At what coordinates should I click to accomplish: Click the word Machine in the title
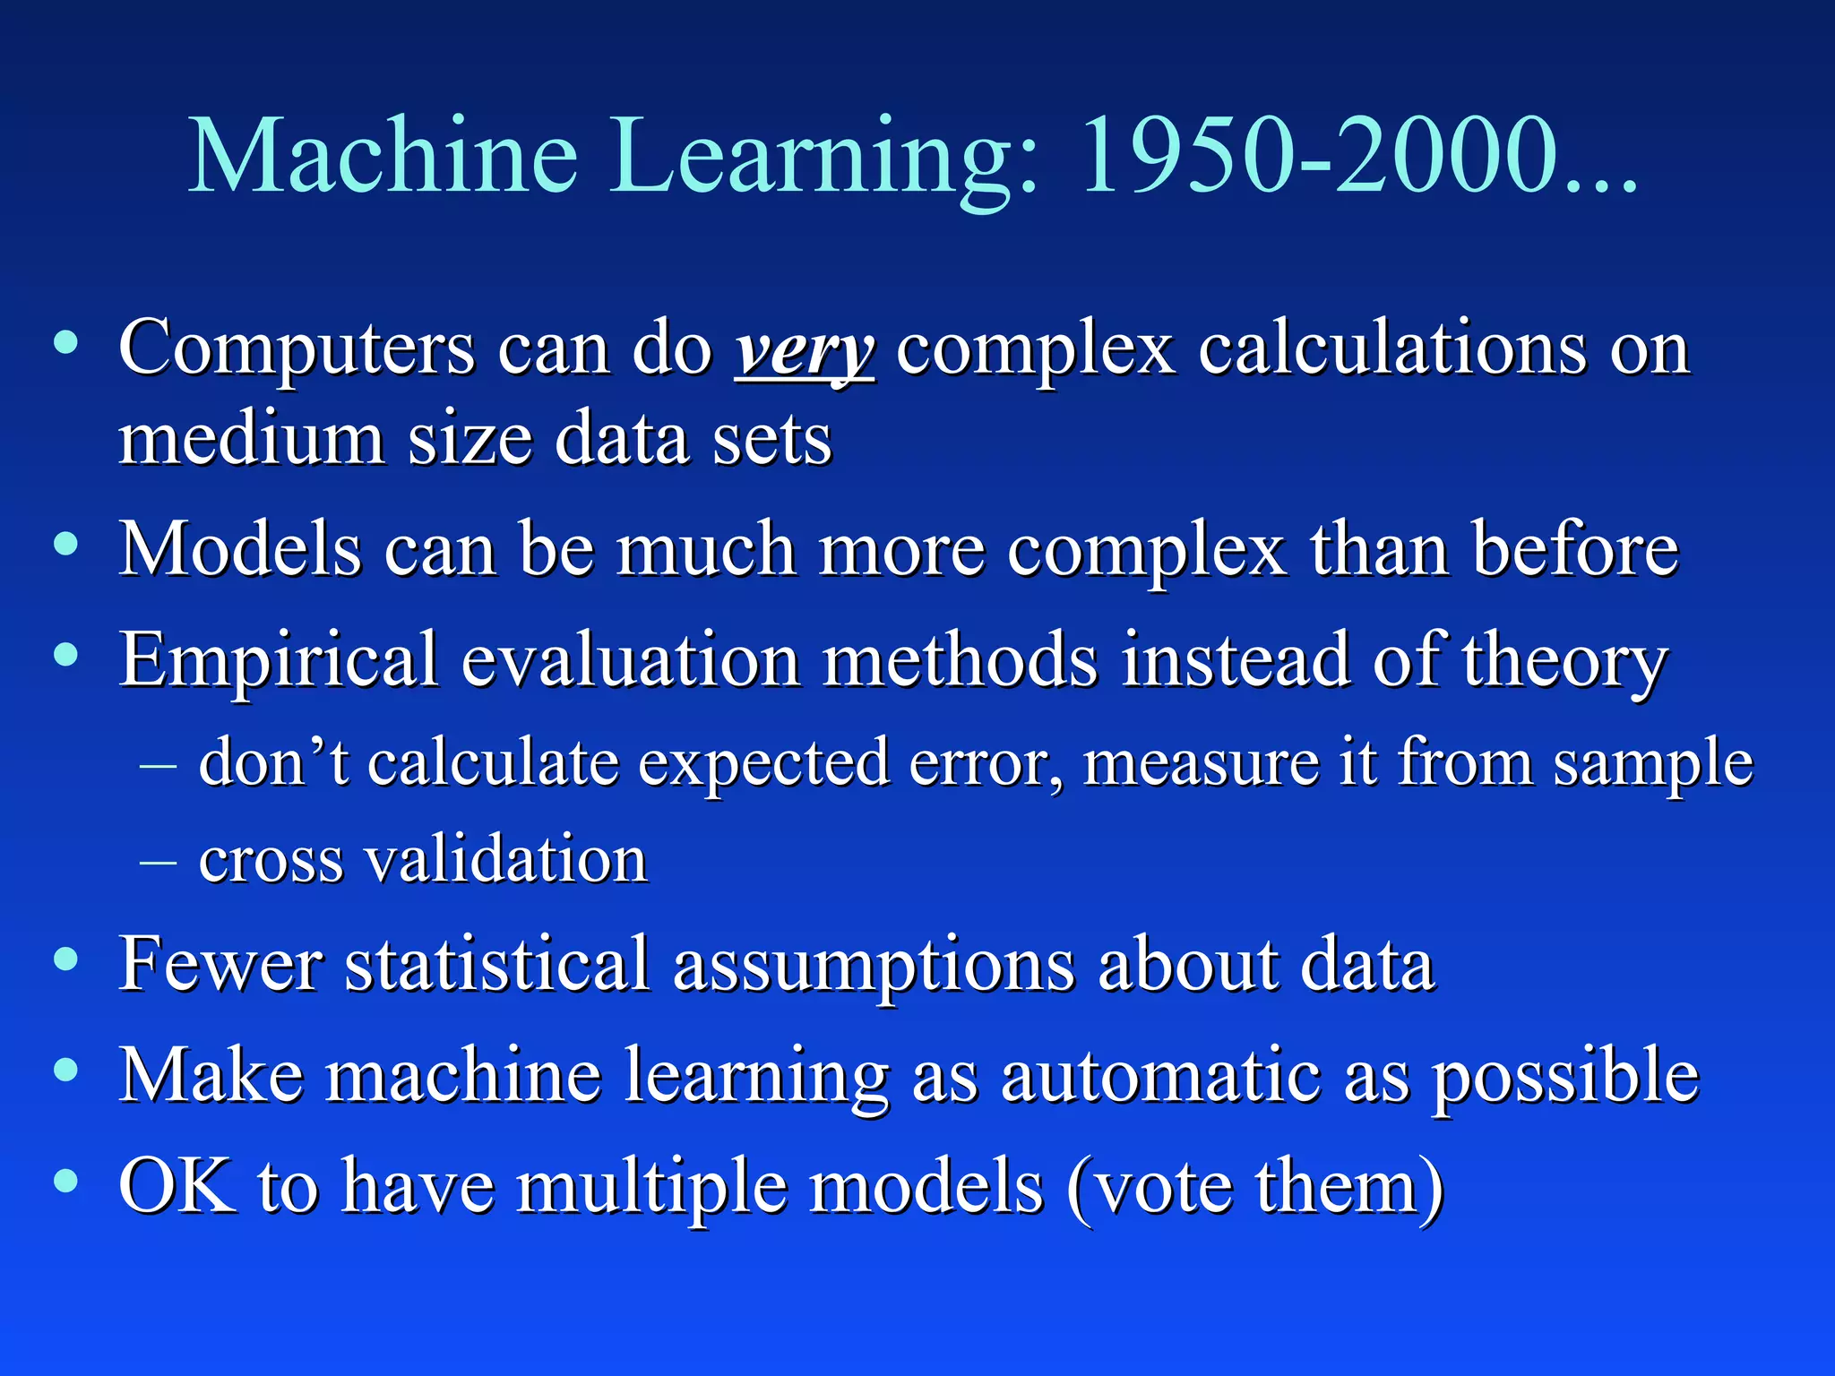[x=383, y=157]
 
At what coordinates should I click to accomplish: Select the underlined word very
[x=804, y=349]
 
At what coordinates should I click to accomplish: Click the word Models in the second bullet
[x=240, y=549]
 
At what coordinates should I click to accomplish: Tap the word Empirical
[x=279, y=661]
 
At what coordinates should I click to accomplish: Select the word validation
[x=507, y=860]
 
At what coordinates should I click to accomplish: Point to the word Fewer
[x=220, y=965]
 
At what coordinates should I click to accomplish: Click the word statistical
[x=497, y=965]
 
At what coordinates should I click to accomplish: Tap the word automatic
[x=1160, y=1075]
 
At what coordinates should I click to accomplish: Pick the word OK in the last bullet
[x=177, y=1186]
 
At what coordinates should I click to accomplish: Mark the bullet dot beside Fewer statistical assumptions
[x=65, y=960]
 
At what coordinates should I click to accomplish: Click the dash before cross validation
[x=159, y=862]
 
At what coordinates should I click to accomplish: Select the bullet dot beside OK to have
[x=65, y=1181]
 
